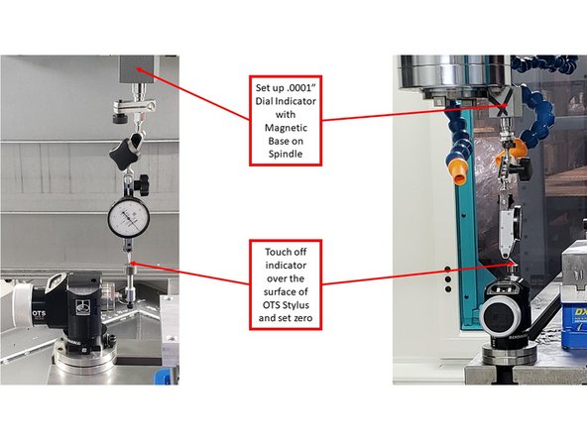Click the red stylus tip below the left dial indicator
[130, 264]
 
